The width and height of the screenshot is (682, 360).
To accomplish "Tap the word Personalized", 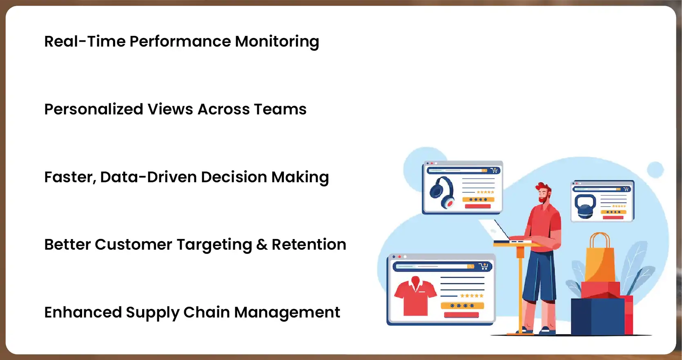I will (94, 110).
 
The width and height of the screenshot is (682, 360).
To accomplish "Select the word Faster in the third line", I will (70, 177).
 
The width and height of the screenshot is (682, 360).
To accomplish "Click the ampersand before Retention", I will (262, 245).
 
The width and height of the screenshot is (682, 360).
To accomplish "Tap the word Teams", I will (280, 110).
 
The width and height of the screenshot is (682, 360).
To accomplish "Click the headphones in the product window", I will (442, 192).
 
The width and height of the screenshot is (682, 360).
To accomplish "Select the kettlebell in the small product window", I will (585, 206).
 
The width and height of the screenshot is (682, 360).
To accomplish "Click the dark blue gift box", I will (597, 317).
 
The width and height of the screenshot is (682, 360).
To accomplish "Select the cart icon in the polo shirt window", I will (484, 266).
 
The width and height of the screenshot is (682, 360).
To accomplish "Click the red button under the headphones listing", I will (477, 206).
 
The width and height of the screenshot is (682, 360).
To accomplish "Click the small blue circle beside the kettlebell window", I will (655, 170).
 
